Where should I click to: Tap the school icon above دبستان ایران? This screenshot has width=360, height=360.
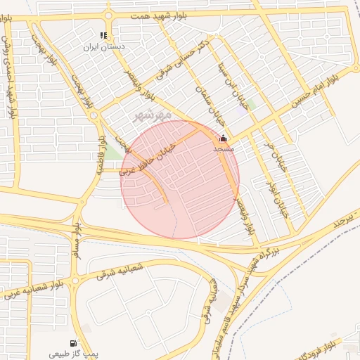(x=103, y=35)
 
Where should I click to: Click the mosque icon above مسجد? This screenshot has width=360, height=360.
(x=224, y=139)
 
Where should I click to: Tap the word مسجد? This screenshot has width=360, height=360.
(x=223, y=149)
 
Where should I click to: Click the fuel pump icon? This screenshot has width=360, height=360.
(x=74, y=343)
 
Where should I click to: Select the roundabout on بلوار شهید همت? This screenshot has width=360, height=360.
(x=109, y=15)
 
